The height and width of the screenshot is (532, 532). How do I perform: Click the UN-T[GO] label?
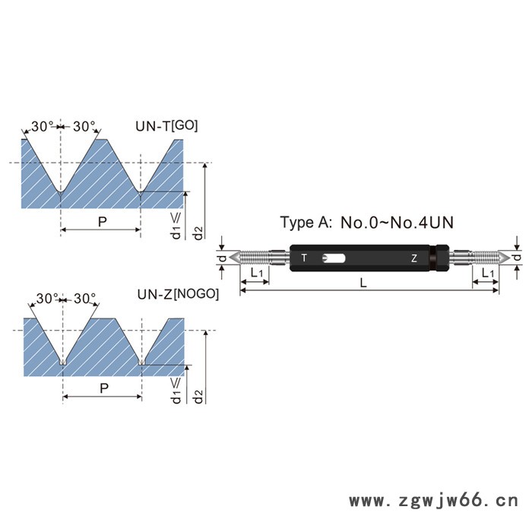coord(166,126)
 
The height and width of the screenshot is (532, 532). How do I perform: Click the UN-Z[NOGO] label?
coord(178,294)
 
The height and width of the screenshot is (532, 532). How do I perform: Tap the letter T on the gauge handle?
coord(304,258)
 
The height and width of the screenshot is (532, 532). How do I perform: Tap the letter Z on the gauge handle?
coord(414,258)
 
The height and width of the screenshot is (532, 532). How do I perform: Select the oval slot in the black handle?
coord(334,258)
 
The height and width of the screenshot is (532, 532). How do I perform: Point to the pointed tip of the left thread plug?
coord(230,258)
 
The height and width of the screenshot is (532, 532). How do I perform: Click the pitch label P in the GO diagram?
coord(102,222)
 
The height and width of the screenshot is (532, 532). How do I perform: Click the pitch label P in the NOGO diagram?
coord(104,388)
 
